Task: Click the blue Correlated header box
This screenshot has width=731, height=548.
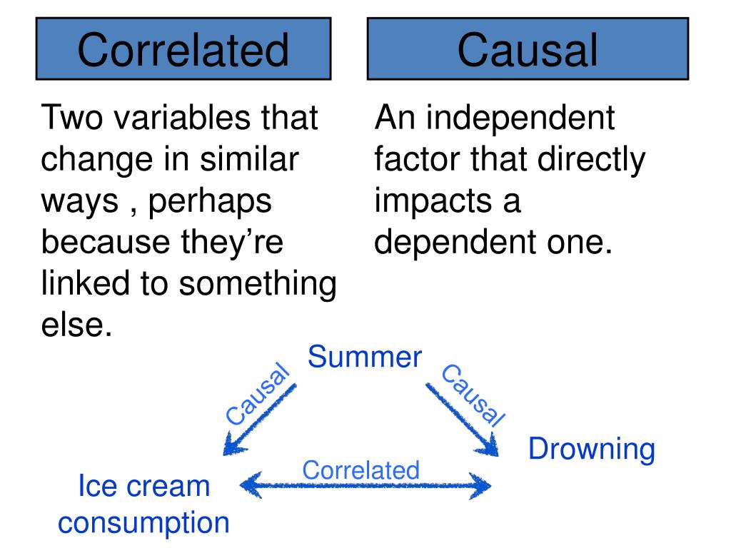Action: (183, 49)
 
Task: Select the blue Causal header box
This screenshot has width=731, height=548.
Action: (528, 49)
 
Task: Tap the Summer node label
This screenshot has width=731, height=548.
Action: (365, 357)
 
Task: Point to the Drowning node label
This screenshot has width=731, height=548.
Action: (591, 449)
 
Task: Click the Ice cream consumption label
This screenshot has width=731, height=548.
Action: (144, 504)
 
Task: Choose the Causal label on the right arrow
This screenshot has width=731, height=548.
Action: (472, 395)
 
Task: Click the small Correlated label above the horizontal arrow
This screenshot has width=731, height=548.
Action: (361, 470)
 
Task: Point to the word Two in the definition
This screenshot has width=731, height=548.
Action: (70, 117)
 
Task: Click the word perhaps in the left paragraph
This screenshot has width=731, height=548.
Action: (210, 202)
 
